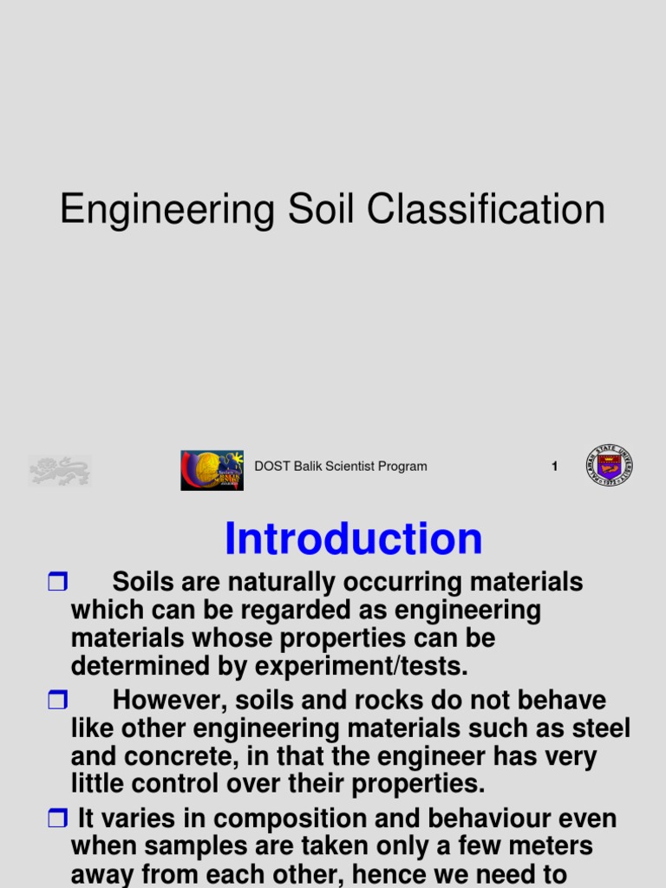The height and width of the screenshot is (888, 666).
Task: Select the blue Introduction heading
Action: click(353, 539)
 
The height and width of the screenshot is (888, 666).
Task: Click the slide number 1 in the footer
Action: click(554, 467)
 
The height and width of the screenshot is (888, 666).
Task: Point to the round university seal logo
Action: click(609, 466)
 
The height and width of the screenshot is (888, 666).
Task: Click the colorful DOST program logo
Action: click(212, 470)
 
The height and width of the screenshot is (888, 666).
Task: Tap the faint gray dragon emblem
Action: click(60, 471)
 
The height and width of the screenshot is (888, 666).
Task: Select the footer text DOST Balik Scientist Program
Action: click(340, 467)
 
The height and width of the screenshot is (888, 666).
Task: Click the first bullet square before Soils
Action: click(57, 583)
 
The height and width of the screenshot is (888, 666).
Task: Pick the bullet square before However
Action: click(57, 701)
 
